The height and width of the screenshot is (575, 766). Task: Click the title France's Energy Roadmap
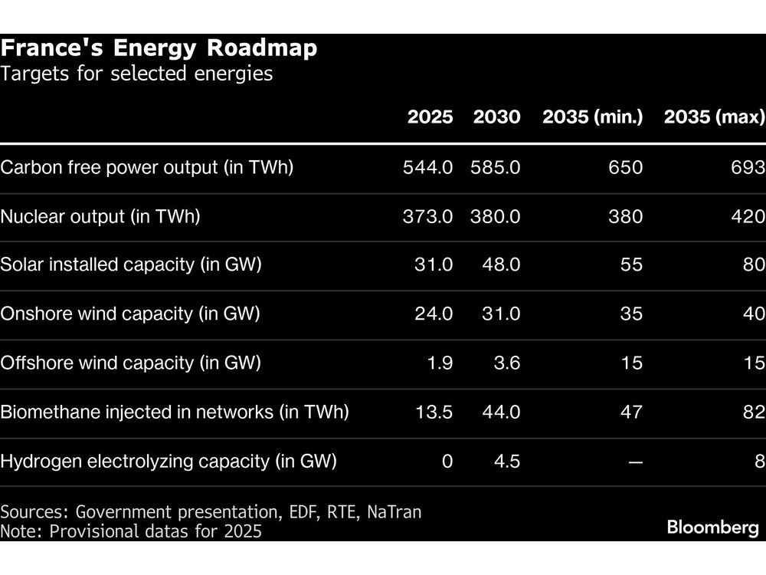[159, 49]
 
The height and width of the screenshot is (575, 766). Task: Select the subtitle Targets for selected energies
[136, 75]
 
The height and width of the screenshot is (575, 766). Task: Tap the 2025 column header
[430, 117]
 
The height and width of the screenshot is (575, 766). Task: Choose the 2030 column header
[496, 117]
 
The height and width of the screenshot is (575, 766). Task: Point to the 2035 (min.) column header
[592, 117]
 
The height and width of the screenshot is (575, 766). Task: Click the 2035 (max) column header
[714, 117]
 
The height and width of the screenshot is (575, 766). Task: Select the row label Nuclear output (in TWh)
[100, 217]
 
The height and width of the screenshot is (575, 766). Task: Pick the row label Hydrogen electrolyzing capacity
[169, 462]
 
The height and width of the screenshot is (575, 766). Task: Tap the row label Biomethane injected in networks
[175, 412]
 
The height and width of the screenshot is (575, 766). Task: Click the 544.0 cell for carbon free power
[427, 168]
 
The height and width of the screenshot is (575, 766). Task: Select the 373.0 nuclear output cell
[427, 217]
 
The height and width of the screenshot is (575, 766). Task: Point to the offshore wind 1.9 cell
[439, 363]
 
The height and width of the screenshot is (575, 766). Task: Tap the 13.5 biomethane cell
[433, 412]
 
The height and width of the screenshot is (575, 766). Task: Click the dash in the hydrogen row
[635, 462]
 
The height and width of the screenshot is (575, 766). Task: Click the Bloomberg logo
[712, 527]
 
